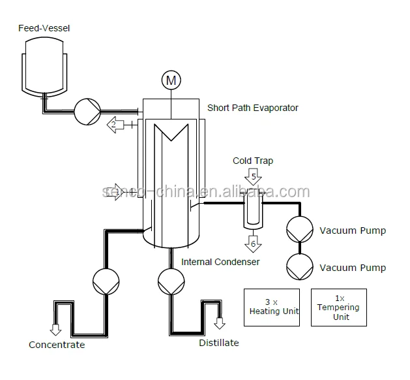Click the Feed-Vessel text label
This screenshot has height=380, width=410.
click(43, 28)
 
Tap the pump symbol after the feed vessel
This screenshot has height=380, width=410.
click(85, 111)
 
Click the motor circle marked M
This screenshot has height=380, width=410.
click(171, 81)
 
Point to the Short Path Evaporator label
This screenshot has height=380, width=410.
click(252, 108)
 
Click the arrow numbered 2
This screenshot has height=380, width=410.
click(115, 123)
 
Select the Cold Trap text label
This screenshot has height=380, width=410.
click(253, 161)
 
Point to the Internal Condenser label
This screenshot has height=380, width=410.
click(220, 262)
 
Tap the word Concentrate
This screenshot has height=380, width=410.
click(57, 345)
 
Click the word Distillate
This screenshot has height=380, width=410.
click(218, 343)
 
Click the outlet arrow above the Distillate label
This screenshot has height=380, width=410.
click(220, 323)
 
